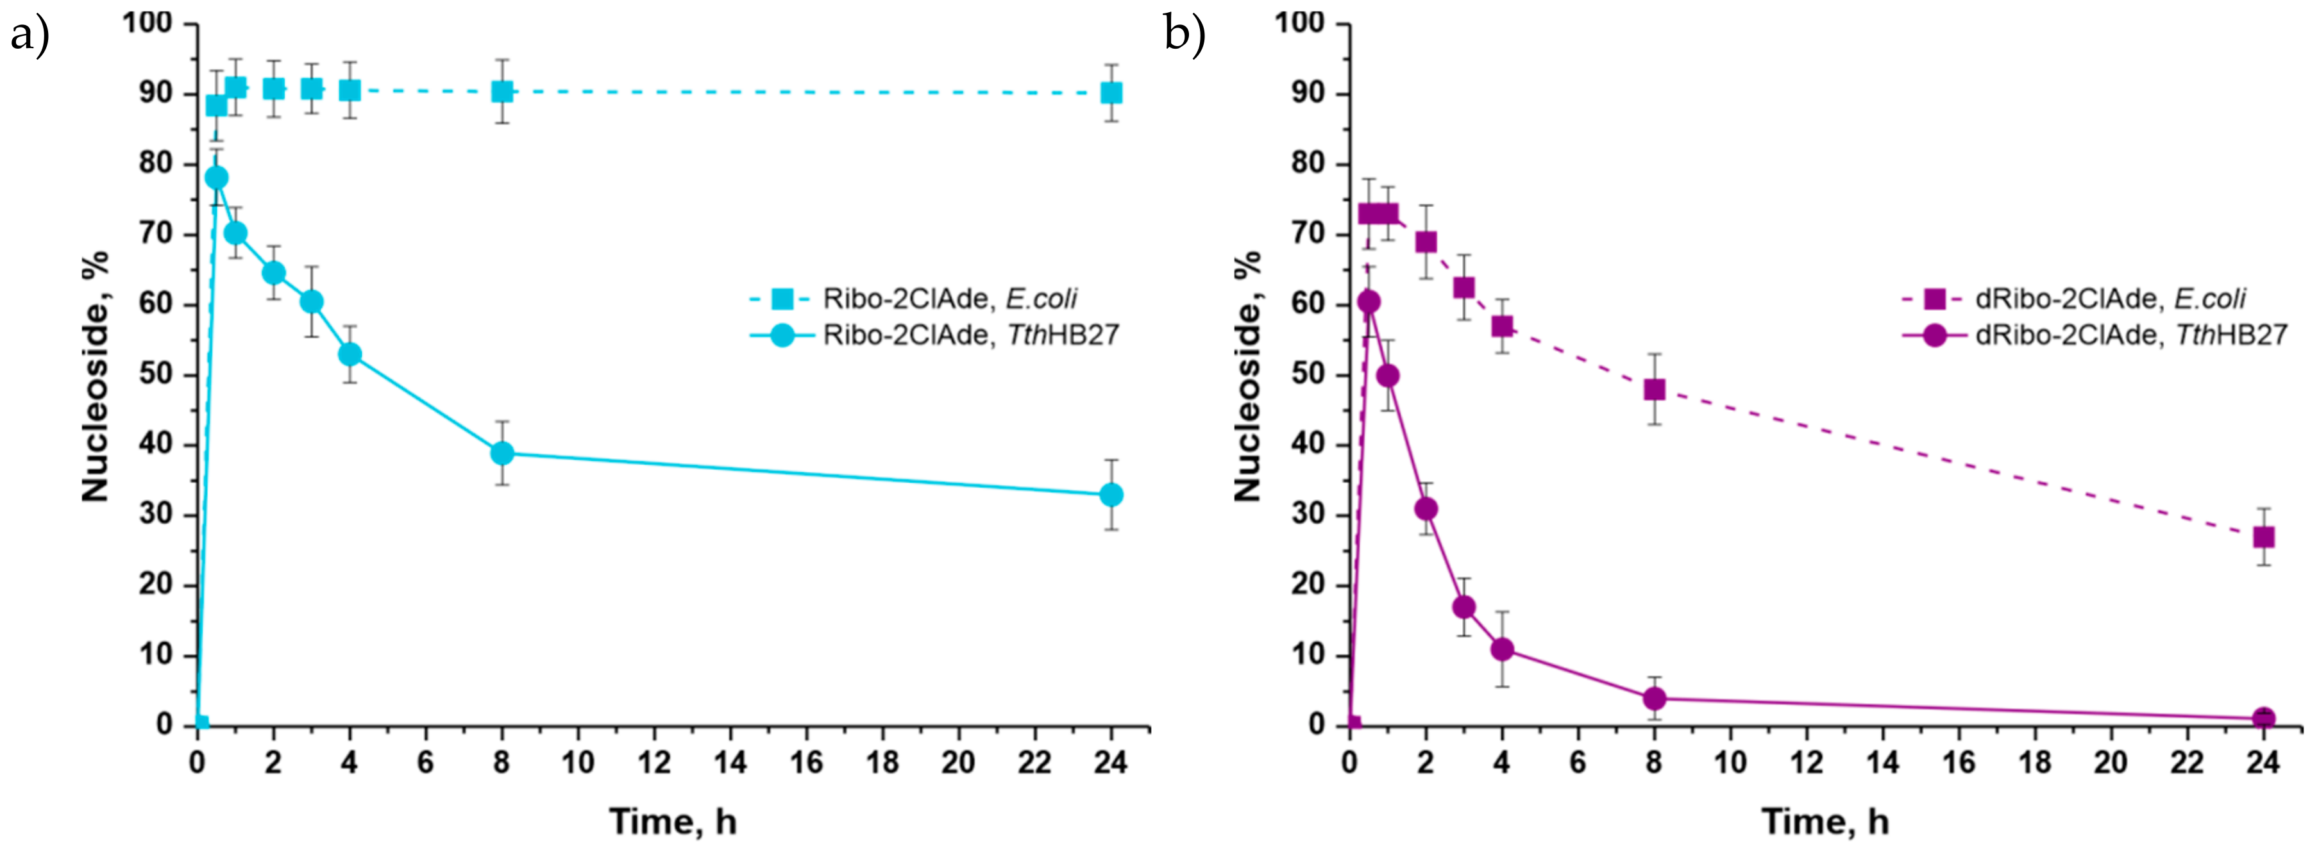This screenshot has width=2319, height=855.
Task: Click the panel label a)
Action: (29, 36)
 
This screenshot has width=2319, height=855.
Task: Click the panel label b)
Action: (1184, 36)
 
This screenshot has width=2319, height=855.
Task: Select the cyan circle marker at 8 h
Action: (502, 452)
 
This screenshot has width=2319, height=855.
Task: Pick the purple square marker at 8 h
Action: (1655, 389)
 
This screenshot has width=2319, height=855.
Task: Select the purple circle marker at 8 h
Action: (1655, 699)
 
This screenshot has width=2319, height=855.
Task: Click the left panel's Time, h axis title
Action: (673, 821)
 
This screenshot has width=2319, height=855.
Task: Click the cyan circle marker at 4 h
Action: (350, 354)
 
